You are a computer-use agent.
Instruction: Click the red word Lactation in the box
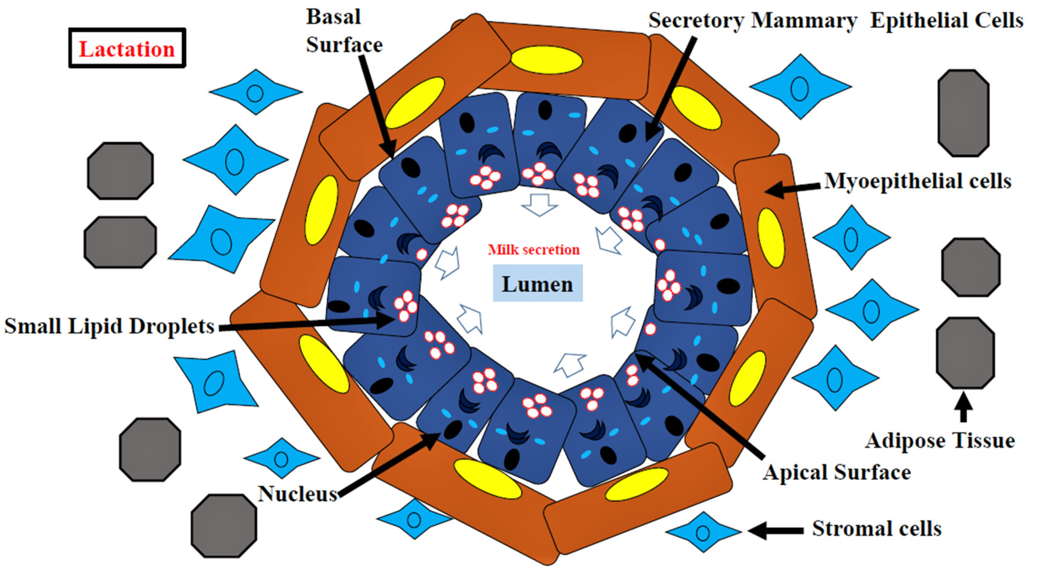(x=127, y=49)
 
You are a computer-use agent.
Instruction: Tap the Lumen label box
(x=538, y=284)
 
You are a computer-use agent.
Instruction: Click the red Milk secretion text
(x=534, y=250)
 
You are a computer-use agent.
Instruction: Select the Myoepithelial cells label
(x=918, y=181)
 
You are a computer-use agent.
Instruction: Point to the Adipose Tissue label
(x=940, y=440)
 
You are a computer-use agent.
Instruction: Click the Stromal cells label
(x=877, y=528)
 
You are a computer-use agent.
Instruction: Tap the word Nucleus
(x=297, y=493)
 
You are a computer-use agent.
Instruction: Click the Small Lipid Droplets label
(x=109, y=326)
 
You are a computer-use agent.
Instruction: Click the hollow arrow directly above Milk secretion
(x=540, y=204)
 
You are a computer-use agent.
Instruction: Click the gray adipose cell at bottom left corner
(x=224, y=526)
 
